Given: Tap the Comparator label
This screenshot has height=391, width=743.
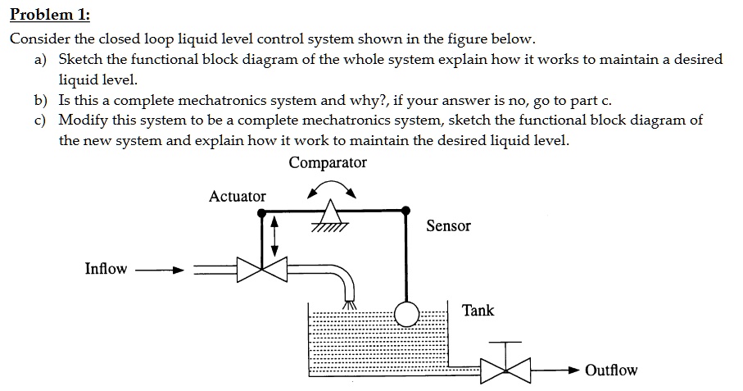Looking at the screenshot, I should click(328, 162).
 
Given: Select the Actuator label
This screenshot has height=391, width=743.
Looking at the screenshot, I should click(237, 196).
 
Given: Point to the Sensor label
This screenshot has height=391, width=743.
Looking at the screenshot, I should click(448, 225).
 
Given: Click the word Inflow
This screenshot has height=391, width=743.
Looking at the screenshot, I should click(106, 269).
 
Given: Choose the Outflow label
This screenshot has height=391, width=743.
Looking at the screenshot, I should click(611, 371).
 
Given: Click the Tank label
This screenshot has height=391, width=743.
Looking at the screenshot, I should click(478, 311).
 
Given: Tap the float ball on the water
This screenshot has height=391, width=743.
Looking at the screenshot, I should click(406, 314).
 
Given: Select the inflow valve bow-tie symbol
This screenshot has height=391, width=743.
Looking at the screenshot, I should click(261, 269).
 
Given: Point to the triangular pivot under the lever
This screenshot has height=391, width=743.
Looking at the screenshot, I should click(329, 216).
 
